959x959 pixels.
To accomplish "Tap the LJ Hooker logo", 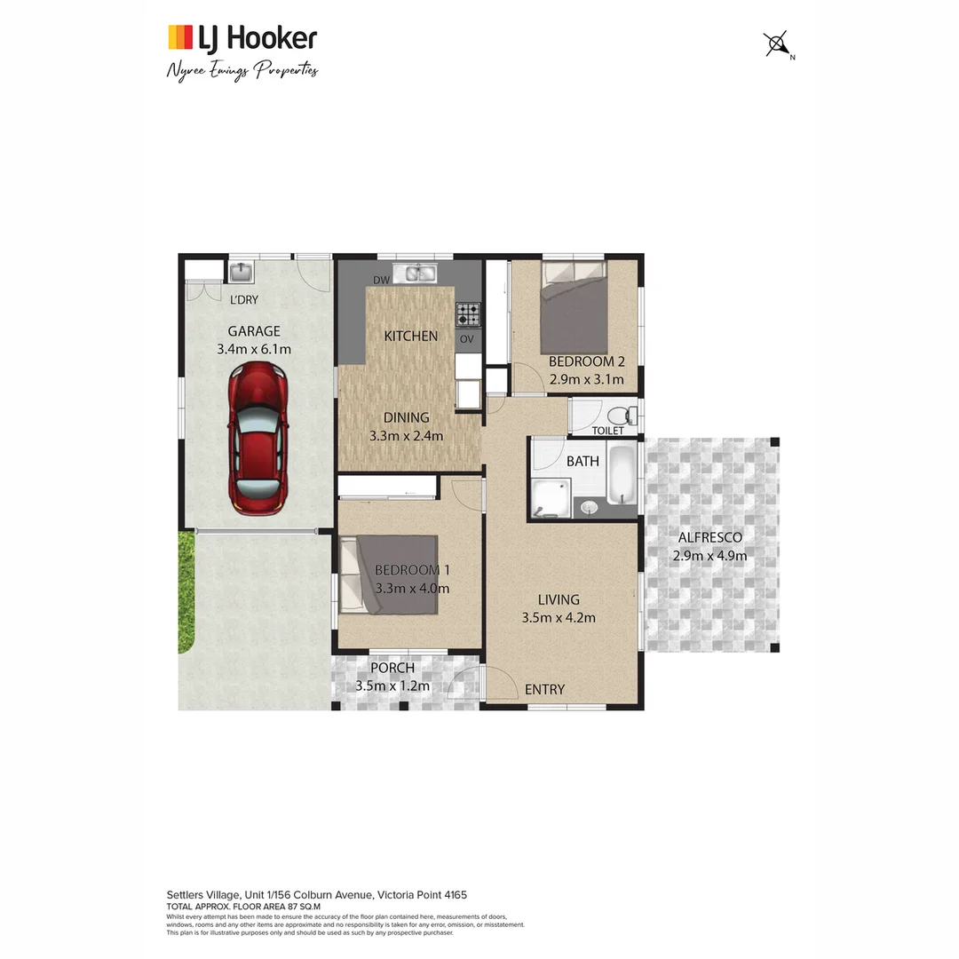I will pyautogui.click(x=242, y=38).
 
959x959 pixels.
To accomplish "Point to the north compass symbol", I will pyautogui.click(x=777, y=44).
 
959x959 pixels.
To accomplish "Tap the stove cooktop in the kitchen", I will pyautogui.click(x=468, y=313).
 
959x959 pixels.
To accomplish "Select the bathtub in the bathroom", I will pyautogui.click(x=621, y=475).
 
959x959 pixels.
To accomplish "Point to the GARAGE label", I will pyautogui.click(x=253, y=331).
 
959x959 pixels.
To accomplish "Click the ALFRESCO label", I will pyautogui.click(x=709, y=537).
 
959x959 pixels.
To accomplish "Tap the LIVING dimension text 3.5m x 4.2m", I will pyautogui.click(x=558, y=618).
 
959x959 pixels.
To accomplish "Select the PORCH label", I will pyautogui.click(x=392, y=668).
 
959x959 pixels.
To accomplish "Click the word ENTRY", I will pyautogui.click(x=544, y=689).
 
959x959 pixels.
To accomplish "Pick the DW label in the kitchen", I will pyautogui.click(x=382, y=281).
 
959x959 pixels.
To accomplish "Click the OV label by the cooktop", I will pyautogui.click(x=467, y=339).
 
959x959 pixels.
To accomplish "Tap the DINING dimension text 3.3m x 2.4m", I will pyautogui.click(x=406, y=435).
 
